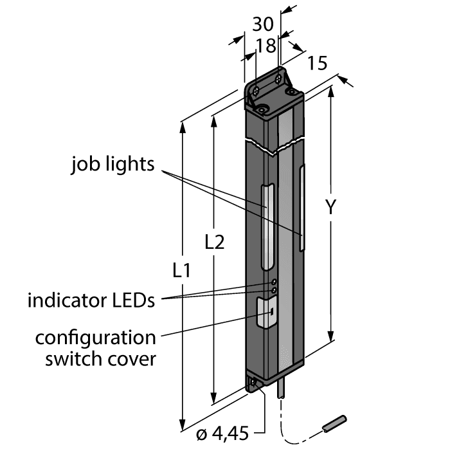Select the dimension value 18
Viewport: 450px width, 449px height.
(x=265, y=45)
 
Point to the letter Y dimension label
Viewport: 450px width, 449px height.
(x=330, y=207)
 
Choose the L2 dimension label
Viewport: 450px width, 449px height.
(x=214, y=242)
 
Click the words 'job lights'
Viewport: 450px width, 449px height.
(x=113, y=165)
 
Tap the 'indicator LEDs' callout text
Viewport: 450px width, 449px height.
(x=91, y=300)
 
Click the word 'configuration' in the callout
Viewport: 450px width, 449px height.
(x=95, y=338)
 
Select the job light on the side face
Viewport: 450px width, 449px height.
(x=303, y=207)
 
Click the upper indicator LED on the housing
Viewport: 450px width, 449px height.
(x=273, y=282)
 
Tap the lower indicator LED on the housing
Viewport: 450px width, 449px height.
(x=273, y=291)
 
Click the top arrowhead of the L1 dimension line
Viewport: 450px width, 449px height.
(x=184, y=126)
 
